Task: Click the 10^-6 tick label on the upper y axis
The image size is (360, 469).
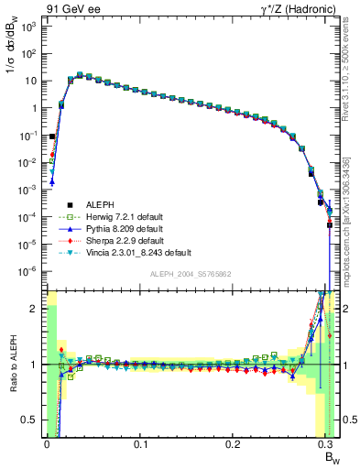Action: [27, 271]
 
